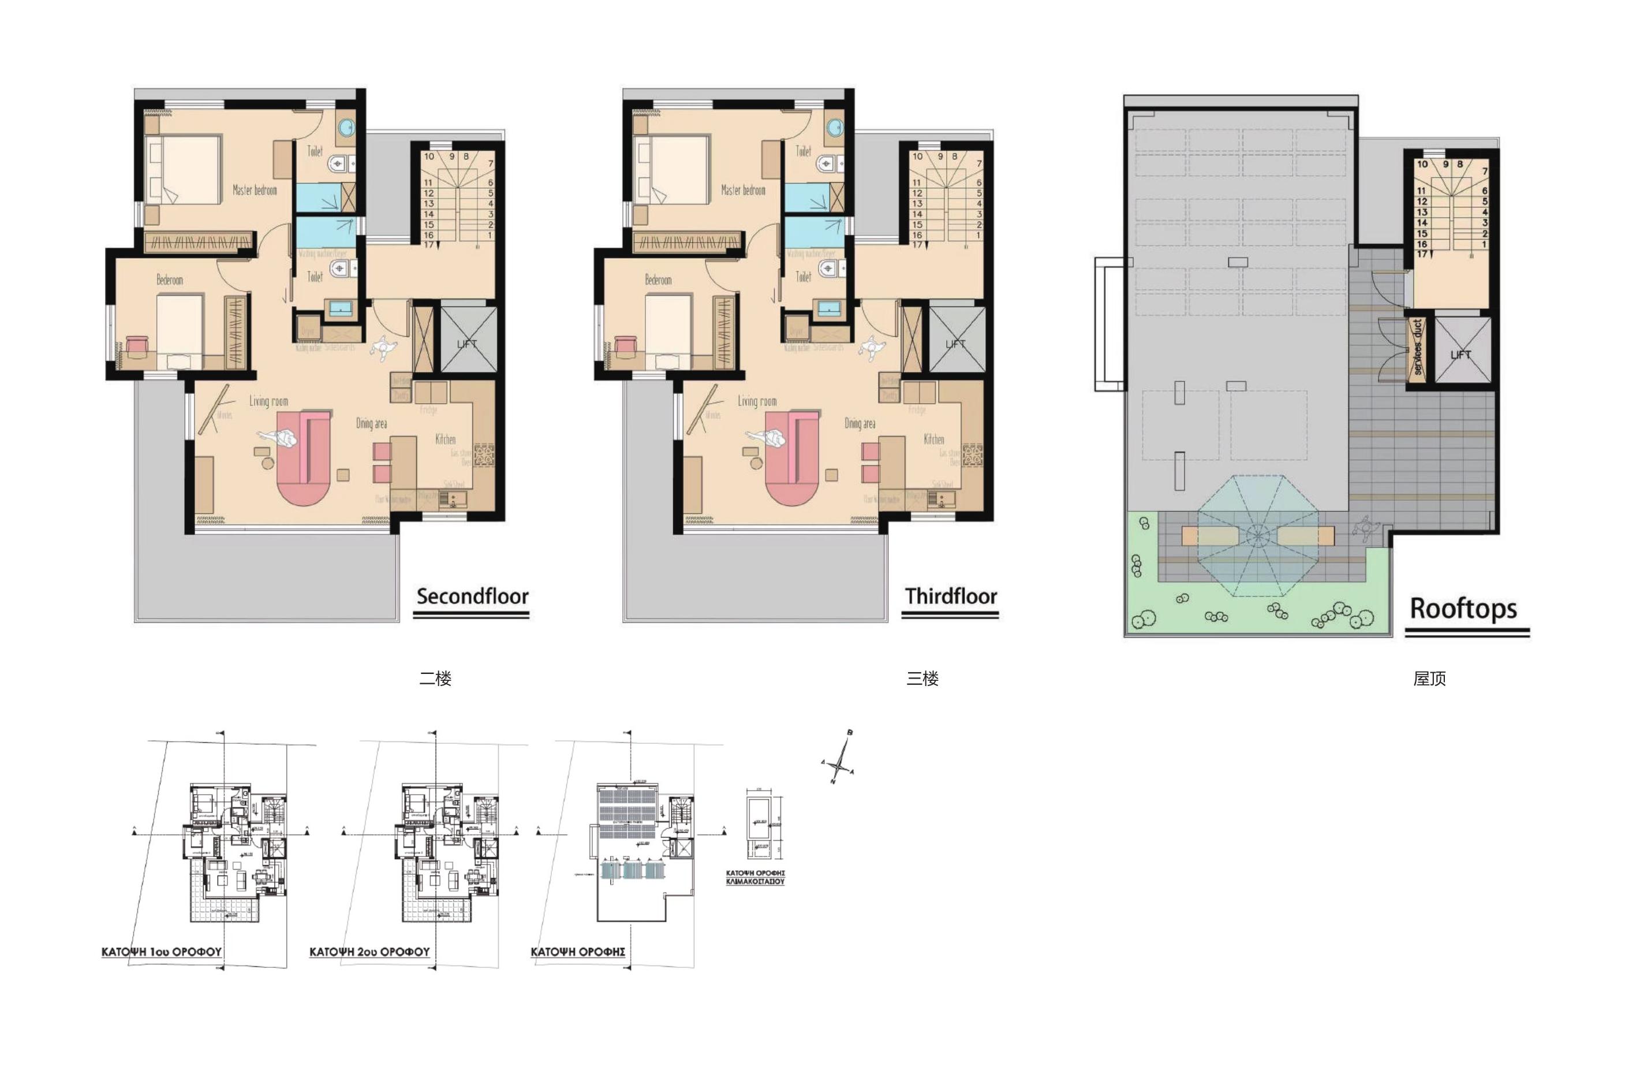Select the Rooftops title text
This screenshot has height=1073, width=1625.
[x=1463, y=608]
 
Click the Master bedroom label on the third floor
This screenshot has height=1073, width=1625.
[x=743, y=190]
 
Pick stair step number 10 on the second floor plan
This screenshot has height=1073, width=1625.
[x=429, y=156]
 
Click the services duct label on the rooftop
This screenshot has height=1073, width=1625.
[x=1417, y=347]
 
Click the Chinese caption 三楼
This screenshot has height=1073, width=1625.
[x=922, y=678]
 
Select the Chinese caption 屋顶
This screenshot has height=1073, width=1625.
[x=1429, y=678]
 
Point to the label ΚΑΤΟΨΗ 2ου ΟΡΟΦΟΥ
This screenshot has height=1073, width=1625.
[x=369, y=952]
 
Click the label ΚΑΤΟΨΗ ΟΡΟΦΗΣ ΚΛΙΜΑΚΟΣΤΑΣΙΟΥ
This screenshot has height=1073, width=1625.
[x=755, y=877]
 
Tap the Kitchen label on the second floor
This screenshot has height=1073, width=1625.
[x=445, y=439]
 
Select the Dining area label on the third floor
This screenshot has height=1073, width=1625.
[x=859, y=423]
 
